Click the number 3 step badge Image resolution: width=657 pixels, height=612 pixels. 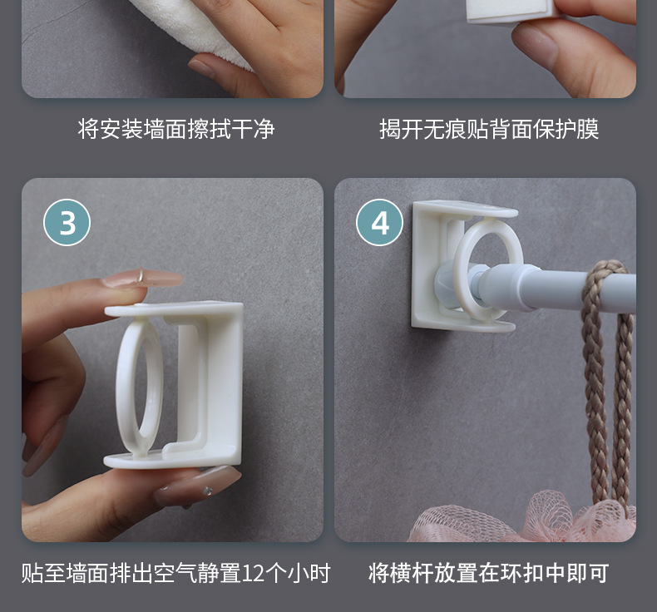point(67,222)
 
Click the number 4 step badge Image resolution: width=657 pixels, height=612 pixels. point(379,222)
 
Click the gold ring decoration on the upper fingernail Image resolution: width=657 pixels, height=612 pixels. point(141,275)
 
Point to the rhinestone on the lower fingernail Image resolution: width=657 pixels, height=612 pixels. point(206,491)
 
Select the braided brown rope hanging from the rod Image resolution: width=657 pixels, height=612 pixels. point(605,377)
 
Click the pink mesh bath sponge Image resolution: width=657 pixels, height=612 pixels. point(524,520)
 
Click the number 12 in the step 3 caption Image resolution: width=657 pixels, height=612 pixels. point(254,574)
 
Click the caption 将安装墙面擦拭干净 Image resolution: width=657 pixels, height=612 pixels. point(176,129)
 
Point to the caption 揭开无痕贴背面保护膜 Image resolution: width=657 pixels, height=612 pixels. point(489,129)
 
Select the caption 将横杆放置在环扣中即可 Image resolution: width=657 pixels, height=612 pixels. point(488,574)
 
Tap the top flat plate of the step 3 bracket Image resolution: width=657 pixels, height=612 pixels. point(174,309)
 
